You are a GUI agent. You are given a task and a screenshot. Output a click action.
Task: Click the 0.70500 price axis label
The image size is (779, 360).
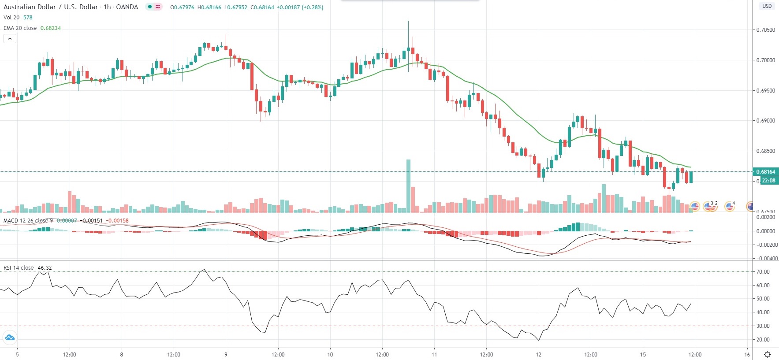765,30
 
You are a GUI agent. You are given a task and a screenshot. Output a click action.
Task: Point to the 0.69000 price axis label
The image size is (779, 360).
765,121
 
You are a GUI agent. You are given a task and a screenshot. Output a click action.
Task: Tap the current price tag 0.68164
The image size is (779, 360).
766,172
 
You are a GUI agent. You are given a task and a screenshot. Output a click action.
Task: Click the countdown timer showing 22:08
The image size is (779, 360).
769,181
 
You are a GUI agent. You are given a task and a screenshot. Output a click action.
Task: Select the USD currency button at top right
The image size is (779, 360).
767,6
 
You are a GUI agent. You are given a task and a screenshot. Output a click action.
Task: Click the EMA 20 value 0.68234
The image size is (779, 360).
51,28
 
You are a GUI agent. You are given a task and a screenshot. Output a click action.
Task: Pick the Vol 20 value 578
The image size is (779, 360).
28,18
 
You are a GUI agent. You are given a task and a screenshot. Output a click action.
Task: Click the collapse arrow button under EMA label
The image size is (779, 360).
10,39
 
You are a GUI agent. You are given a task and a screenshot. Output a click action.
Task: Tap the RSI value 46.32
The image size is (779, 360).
45,268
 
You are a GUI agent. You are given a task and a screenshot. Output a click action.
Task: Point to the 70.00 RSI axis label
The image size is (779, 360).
763,272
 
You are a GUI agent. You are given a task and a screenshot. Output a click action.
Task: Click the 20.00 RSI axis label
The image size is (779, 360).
763,340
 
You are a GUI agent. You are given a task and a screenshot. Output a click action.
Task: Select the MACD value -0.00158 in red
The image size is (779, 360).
118,221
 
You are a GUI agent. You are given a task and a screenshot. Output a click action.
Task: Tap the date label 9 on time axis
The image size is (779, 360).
226,355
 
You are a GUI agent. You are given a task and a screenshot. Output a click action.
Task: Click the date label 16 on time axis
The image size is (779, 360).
747,355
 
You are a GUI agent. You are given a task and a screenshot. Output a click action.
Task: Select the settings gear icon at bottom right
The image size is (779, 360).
767,355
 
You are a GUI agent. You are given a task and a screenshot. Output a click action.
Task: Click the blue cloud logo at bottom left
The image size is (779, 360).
10,338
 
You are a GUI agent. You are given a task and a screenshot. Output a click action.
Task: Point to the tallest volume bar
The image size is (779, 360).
408,185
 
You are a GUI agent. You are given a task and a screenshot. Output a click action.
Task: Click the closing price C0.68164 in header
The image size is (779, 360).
262,7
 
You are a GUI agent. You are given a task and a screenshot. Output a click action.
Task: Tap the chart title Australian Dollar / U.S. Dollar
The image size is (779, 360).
50,7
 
